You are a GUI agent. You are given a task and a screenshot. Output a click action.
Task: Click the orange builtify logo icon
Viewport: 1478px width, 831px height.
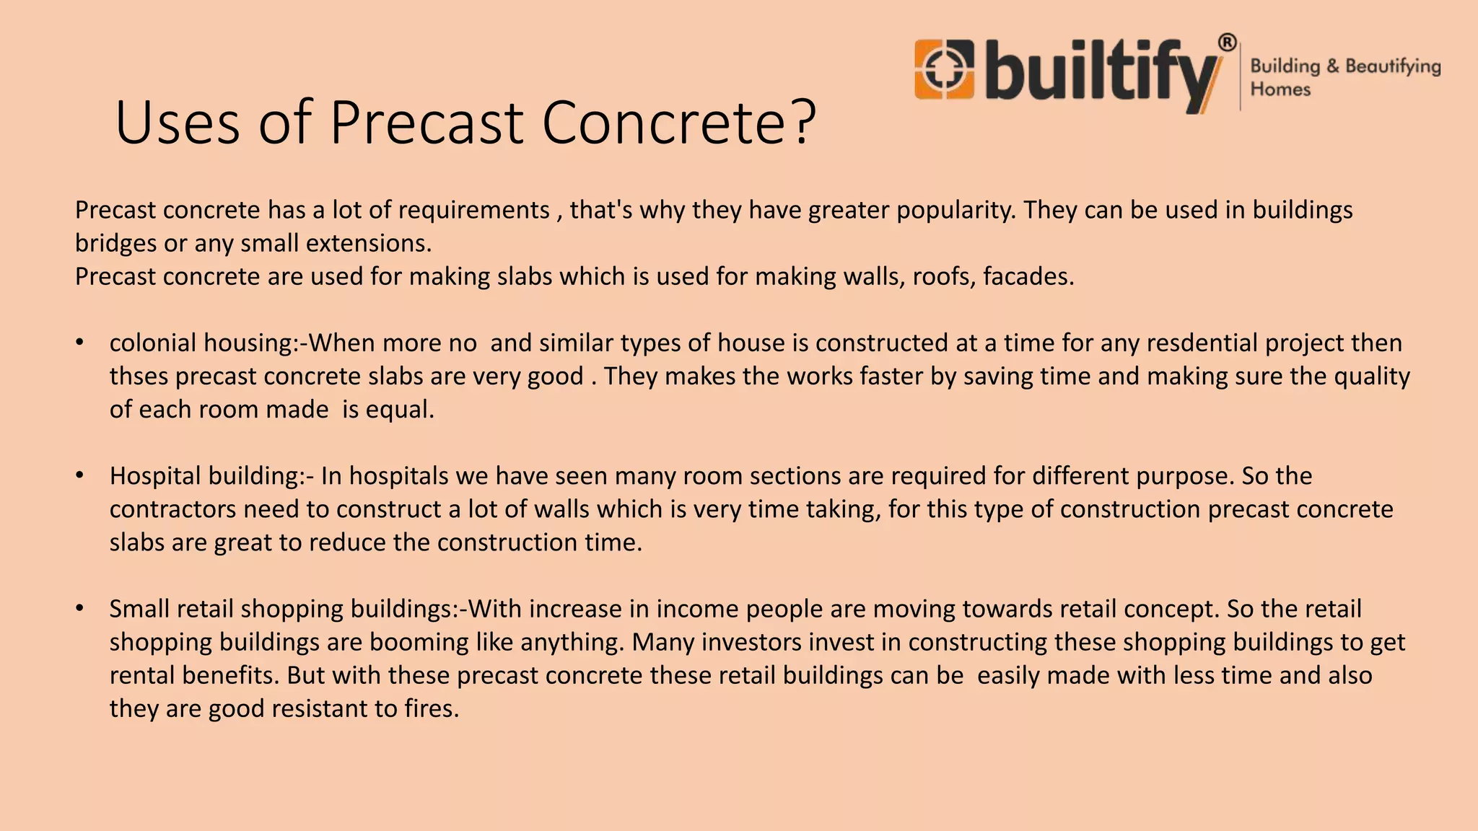944,69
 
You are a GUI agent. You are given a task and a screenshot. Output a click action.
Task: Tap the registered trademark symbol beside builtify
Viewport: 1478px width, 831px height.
1227,43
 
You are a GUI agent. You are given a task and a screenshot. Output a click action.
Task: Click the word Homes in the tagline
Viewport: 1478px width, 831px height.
1280,89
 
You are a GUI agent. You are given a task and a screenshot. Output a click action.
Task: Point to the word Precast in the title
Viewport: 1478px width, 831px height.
427,123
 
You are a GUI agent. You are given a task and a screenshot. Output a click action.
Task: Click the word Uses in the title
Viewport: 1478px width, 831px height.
177,123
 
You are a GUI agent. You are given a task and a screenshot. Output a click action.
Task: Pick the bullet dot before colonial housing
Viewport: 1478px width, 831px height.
80,343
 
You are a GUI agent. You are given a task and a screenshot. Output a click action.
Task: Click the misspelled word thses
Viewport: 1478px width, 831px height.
139,377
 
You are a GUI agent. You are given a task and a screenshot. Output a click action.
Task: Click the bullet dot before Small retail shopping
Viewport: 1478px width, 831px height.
80,609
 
